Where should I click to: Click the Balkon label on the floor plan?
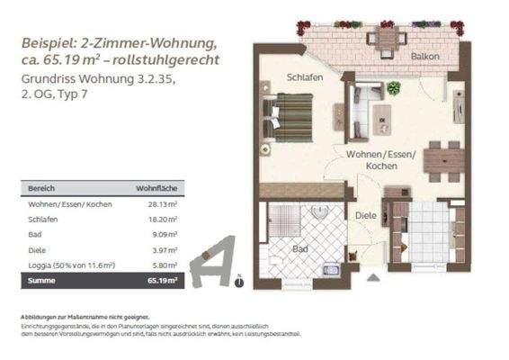coord(425,57)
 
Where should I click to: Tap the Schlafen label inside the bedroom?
coord(305,78)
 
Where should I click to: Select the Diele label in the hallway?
coord(363,216)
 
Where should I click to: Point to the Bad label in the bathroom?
coord(302,248)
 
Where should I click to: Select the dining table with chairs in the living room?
coord(442,159)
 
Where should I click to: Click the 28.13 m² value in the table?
coord(163,204)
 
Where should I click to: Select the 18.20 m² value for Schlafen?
coord(163,220)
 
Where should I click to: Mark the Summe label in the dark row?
coord(43,282)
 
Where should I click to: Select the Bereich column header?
coord(43,189)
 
